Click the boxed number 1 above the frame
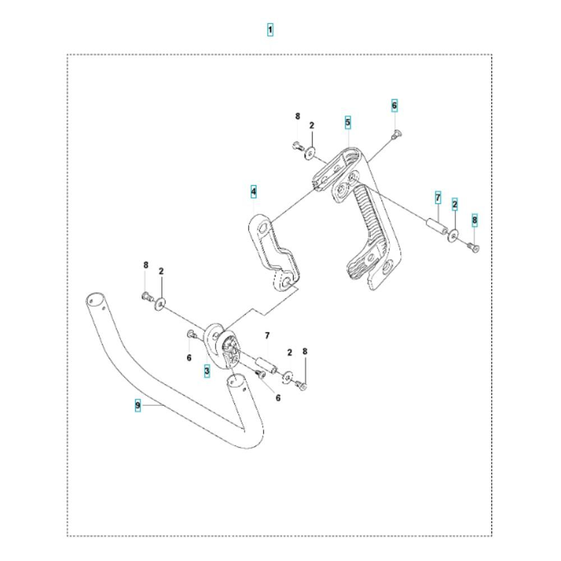[270, 30]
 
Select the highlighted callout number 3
[207, 371]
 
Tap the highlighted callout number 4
[254, 191]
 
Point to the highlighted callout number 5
[348, 122]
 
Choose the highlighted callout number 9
[138, 406]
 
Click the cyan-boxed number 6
[394, 105]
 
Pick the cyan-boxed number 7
[438, 197]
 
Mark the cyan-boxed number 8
[475, 220]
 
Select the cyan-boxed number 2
[455, 204]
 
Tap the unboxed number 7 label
[267, 335]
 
